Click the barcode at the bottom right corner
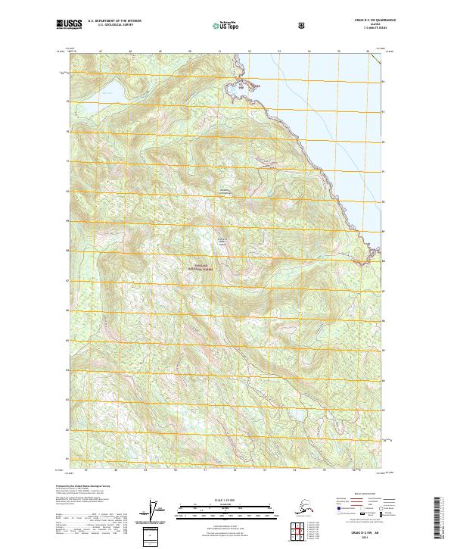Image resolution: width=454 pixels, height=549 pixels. [442, 518]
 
